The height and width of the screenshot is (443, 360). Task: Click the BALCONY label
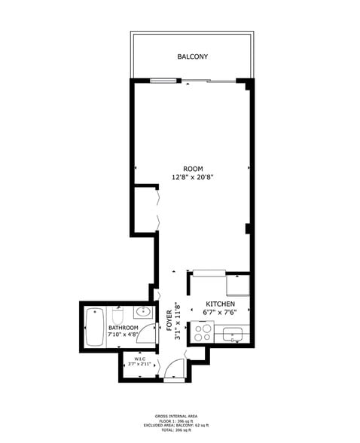coord(192,57)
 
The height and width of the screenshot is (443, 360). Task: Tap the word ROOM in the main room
coord(192,168)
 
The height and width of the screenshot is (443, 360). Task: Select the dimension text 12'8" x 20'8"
coord(192,178)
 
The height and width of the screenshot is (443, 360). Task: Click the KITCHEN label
coord(220,304)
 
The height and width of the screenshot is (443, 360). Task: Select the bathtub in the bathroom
coord(94,327)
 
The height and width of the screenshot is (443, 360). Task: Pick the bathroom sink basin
coord(143,312)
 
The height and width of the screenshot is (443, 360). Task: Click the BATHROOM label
coord(123,328)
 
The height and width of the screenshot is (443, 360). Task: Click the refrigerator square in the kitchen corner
coord(239,286)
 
